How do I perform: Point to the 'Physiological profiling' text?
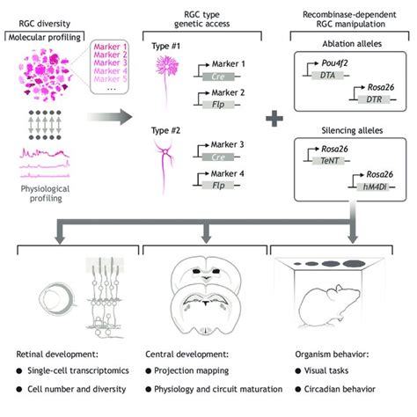45,186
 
